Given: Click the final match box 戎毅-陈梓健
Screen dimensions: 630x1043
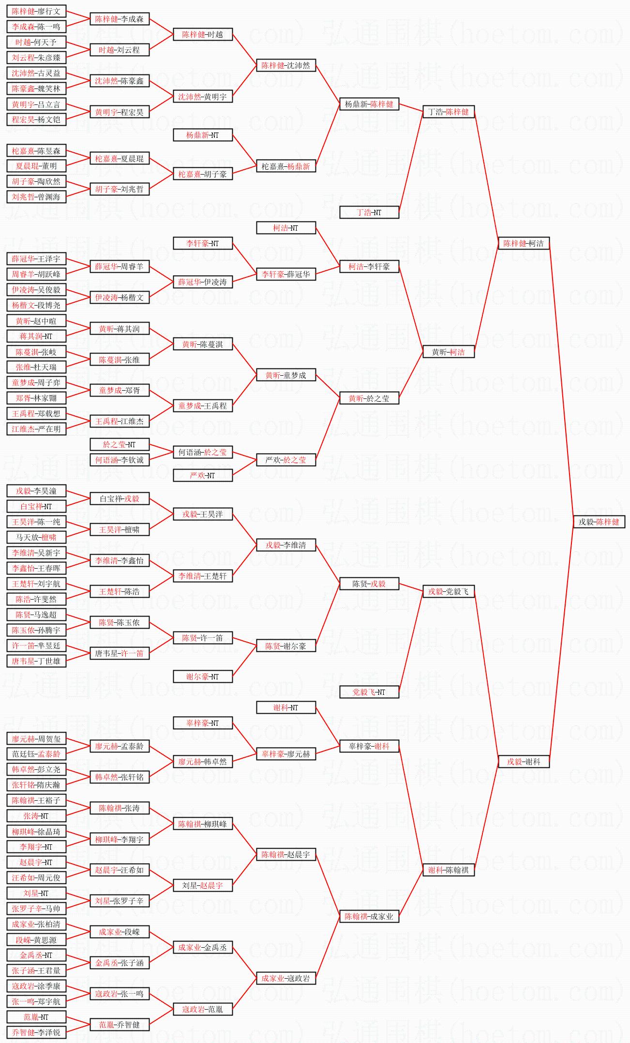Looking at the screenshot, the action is coord(599,522).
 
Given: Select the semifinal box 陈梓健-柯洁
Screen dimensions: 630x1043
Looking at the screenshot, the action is coord(524,243).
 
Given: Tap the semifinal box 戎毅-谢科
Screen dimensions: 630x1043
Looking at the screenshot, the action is coord(524,762).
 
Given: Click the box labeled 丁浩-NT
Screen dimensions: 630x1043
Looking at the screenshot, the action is coord(369,212).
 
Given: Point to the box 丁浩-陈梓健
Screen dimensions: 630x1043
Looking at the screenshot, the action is coord(449,112).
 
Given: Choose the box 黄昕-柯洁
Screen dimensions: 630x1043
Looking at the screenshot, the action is coord(449,352).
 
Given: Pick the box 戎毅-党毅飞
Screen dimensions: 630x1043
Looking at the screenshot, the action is coord(449,591).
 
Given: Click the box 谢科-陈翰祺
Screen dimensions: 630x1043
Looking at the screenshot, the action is coord(449,870).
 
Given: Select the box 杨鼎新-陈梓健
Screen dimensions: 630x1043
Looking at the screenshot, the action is coord(369,104).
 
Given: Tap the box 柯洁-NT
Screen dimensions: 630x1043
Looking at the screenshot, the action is coord(285,228).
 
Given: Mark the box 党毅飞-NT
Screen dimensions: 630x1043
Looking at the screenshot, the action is coord(369,692).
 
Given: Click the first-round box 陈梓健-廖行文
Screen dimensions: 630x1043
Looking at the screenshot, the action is coord(36,11).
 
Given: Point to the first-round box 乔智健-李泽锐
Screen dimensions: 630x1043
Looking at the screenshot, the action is coord(36,1032).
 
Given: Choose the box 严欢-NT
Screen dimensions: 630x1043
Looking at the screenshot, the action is coord(203,475).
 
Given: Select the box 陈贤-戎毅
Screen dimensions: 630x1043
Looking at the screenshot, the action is coord(369,584).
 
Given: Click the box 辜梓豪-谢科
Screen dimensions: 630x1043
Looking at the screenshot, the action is coord(369,746).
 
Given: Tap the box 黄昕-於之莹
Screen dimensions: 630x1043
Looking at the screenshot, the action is coord(369,398).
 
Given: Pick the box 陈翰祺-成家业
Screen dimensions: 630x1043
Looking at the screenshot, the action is coord(369,916).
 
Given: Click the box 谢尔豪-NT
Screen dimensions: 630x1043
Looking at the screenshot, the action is coord(203,676).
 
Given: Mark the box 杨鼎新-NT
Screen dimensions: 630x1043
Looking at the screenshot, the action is coord(203,135).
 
